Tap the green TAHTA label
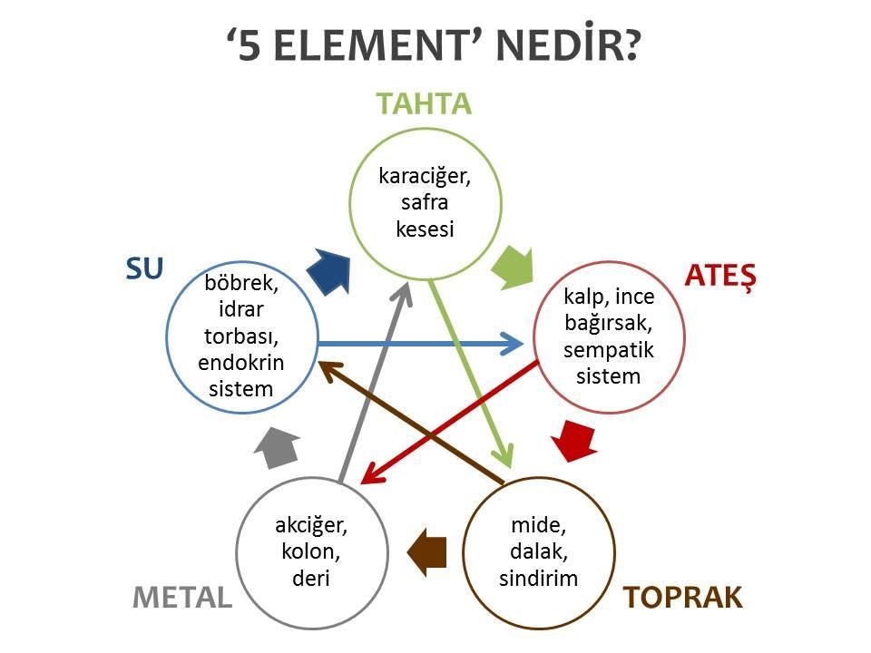coord(425,103)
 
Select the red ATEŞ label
coord(721,274)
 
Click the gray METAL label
coord(182,597)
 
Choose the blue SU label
coord(142,268)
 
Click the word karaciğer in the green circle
coord(426,176)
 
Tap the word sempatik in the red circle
coord(608,349)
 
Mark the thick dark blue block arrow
coord(328,269)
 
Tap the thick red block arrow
coord(575,438)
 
